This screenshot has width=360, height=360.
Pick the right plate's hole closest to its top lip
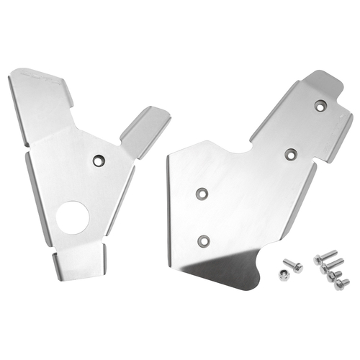(x=320, y=106)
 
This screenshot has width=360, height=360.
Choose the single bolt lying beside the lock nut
(x=294, y=266)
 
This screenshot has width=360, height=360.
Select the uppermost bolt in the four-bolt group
(x=325, y=254)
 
